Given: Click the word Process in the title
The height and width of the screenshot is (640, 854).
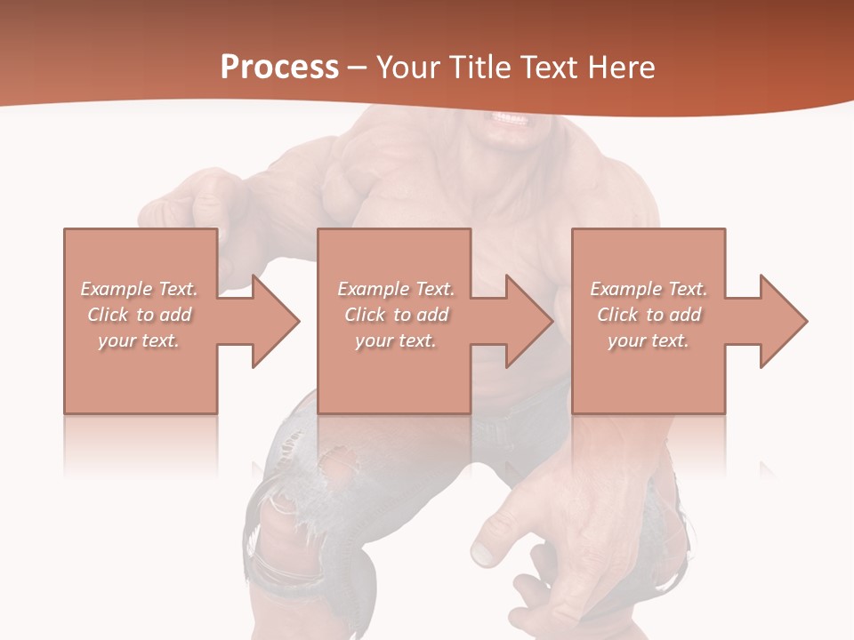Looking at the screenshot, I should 279,68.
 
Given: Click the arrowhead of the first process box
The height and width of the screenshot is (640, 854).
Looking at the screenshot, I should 276,321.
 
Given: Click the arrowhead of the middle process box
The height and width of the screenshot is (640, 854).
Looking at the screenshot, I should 529,321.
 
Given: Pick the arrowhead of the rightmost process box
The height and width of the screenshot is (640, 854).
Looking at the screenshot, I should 783,321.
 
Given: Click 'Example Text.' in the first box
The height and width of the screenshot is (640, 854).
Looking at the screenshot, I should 140,289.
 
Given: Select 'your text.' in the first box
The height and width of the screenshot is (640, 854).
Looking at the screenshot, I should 140,340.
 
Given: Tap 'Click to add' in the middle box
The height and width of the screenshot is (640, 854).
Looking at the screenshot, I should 396,315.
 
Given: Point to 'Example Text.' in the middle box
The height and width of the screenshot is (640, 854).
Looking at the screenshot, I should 396,289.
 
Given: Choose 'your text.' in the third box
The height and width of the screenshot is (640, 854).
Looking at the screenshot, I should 649,340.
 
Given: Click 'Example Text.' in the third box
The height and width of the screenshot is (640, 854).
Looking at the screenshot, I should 649,289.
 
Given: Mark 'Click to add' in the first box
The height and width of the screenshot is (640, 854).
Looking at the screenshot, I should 140,315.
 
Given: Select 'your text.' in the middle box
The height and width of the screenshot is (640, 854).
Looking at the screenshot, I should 396,340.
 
